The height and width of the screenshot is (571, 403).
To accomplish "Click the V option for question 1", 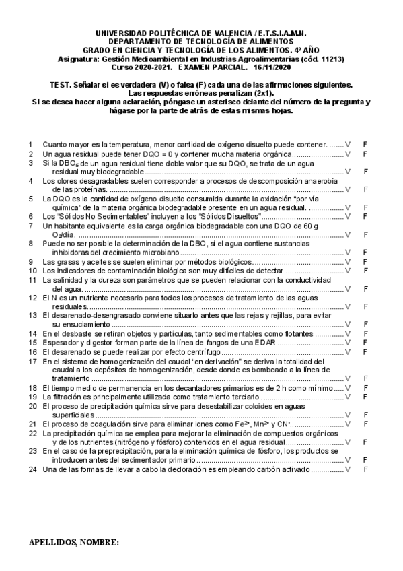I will click(x=348, y=145).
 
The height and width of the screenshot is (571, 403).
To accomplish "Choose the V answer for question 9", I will click(x=348, y=261).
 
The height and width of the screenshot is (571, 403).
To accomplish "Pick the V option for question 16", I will click(x=348, y=352).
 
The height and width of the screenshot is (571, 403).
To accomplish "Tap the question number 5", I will click(x=30, y=199).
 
